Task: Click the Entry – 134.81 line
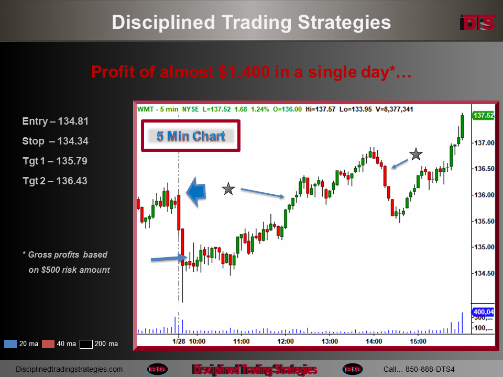pyautogui.click(x=55, y=121)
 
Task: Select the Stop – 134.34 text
pyautogui.click(x=55, y=141)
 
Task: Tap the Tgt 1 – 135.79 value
pyautogui.click(x=55, y=161)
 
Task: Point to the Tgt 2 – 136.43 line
pyautogui.click(x=55, y=181)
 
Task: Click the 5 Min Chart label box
pyautogui.click(x=191, y=136)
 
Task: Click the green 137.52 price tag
pyautogui.click(x=483, y=115)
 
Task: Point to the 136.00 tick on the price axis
pyautogui.click(x=484, y=195)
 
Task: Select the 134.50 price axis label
pyautogui.click(x=484, y=273)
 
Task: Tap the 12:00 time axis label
pyautogui.click(x=286, y=341)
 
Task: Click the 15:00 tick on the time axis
pyautogui.click(x=418, y=341)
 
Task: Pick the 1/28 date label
pyautogui.click(x=179, y=341)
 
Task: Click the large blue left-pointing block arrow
pyautogui.click(x=196, y=192)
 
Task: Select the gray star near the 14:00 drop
pyautogui.click(x=415, y=154)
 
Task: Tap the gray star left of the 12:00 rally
pyautogui.click(x=228, y=189)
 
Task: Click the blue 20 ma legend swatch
pyautogui.click(x=10, y=344)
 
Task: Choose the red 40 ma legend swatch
pyautogui.click(x=48, y=344)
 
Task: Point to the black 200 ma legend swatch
pyautogui.click(x=86, y=344)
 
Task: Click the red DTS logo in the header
pyautogui.click(x=478, y=23)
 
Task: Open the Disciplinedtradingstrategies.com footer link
pyautogui.click(x=69, y=369)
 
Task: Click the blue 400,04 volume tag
pyautogui.click(x=483, y=312)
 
